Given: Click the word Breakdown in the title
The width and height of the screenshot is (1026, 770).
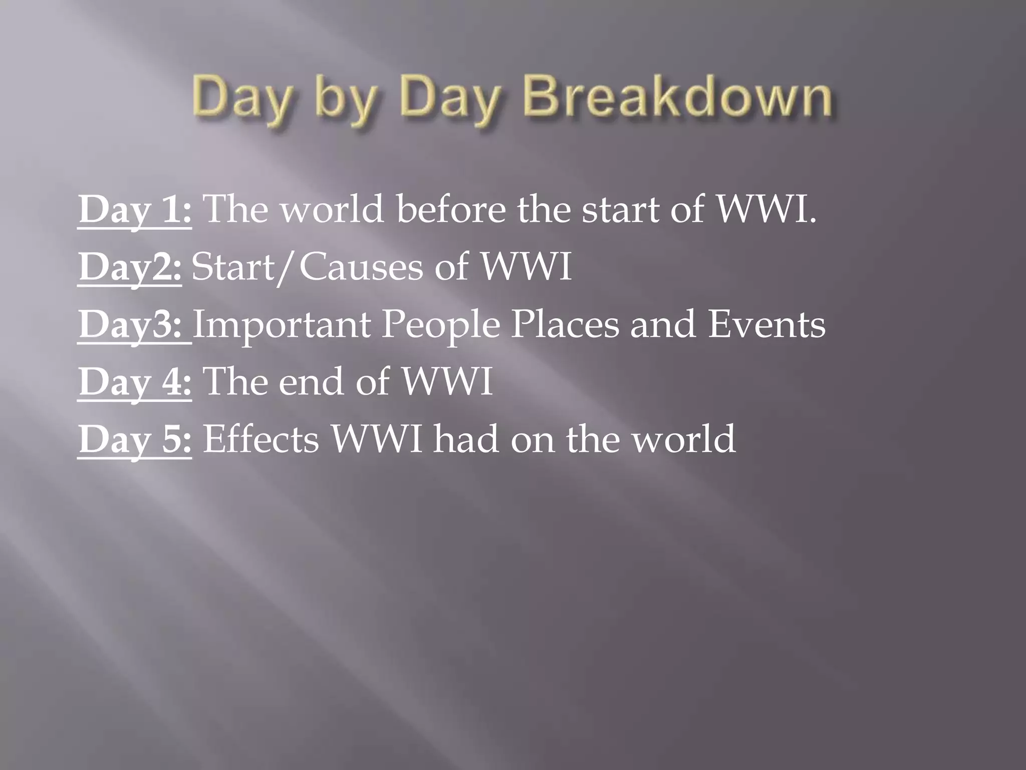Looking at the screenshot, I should pyautogui.click(x=677, y=96).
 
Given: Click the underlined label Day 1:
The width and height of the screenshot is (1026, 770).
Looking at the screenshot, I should pyautogui.click(x=134, y=210).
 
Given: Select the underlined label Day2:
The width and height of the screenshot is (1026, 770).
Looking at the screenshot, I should pyautogui.click(x=130, y=267).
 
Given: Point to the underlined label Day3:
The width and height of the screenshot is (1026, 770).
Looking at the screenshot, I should pyautogui.click(x=134, y=324).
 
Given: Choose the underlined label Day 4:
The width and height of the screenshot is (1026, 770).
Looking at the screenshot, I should pyautogui.click(x=134, y=381).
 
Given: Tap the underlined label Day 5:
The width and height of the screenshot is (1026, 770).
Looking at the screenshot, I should pyautogui.click(x=134, y=439).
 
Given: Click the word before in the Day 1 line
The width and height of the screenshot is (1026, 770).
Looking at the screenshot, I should pyautogui.click(x=451, y=210).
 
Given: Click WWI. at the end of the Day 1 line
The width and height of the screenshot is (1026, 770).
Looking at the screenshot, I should pyautogui.click(x=766, y=210).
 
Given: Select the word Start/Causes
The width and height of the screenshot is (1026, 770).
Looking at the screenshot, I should pyautogui.click(x=307, y=267).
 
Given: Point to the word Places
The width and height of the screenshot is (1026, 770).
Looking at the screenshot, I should pyautogui.click(x=565, y=324).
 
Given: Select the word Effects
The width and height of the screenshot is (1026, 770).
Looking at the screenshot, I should pyautogui.click(x=261, y=439).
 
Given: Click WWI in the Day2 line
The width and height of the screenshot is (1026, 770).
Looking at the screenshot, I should pyautogui.click(x=526, y=267).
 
